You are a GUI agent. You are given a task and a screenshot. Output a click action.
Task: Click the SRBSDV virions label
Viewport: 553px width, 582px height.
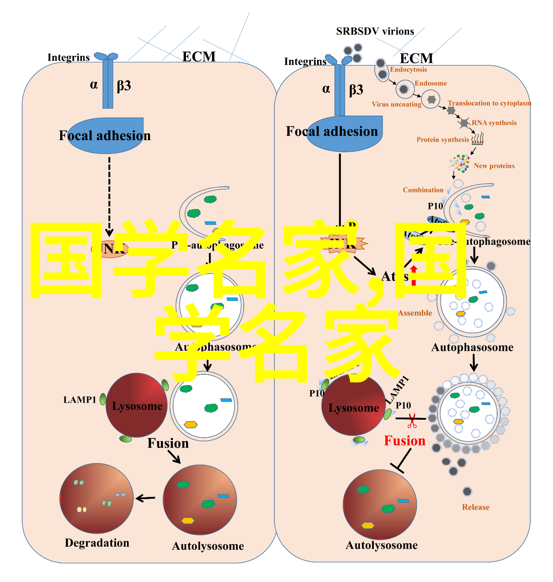[375, 31]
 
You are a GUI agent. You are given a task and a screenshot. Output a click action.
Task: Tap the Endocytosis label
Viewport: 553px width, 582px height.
[408, 69]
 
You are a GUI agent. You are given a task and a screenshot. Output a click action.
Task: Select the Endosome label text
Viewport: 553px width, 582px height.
[430, 83]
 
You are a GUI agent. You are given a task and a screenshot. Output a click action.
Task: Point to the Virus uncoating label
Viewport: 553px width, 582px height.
[396, 104]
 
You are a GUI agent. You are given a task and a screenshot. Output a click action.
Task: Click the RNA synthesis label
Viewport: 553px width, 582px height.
[494, 123]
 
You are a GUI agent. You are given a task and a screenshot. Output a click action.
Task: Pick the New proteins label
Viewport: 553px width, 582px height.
[494, 166]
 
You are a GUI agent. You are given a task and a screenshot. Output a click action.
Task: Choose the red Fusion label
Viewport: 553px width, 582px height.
[404, 441]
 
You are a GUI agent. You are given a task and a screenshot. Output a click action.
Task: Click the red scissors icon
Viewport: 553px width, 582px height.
[412, 421]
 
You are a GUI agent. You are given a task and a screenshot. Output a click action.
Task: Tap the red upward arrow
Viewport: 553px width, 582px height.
[413, 275]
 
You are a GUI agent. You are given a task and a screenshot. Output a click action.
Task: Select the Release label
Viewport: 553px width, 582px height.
[475, 507]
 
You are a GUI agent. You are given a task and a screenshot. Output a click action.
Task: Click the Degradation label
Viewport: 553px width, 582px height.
[97, 543]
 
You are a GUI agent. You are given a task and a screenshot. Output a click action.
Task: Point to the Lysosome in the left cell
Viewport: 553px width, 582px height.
[137, 405]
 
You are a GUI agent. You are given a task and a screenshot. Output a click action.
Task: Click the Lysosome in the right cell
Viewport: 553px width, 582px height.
[353, 407]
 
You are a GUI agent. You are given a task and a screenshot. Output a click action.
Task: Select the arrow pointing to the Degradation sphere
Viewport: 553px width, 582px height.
[145, 498]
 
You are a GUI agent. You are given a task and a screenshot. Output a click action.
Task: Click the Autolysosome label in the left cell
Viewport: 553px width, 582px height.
[208, 546]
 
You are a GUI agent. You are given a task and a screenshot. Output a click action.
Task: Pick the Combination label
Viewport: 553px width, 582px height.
[423, 190]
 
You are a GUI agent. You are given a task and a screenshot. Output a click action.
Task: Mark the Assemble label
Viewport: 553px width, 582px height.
[415, 313]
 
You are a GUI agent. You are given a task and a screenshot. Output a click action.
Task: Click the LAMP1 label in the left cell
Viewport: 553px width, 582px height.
[79, 400]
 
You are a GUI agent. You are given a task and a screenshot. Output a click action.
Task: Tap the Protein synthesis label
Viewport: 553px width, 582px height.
[442, 140]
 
